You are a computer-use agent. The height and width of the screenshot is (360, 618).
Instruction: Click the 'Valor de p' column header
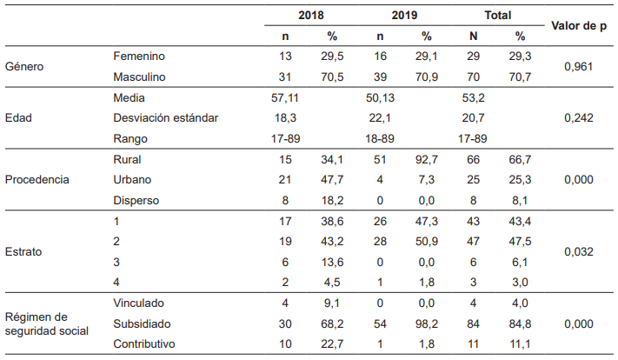579,26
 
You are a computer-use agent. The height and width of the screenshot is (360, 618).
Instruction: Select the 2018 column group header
310,16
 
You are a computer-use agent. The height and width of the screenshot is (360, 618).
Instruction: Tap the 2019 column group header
403,16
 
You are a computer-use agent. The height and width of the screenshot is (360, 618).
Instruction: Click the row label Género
24,66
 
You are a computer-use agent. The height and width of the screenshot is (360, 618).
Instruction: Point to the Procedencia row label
37,180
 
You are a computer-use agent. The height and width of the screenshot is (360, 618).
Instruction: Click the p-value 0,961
579,66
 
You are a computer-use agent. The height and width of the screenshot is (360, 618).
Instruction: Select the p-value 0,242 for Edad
579,118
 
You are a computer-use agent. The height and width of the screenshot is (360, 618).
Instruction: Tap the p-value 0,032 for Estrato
579,252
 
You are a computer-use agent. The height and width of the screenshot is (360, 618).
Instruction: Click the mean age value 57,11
285,98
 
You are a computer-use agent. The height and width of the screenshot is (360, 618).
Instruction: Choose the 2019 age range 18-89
379,138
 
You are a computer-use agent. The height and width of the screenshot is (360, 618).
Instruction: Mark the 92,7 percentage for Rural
426,160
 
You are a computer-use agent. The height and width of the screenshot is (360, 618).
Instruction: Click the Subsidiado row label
143,323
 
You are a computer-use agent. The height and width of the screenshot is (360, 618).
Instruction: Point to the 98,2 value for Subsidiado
426,323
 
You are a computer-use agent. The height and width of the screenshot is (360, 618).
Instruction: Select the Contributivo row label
145,344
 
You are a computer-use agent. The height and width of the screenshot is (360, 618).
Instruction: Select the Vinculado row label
140,303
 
